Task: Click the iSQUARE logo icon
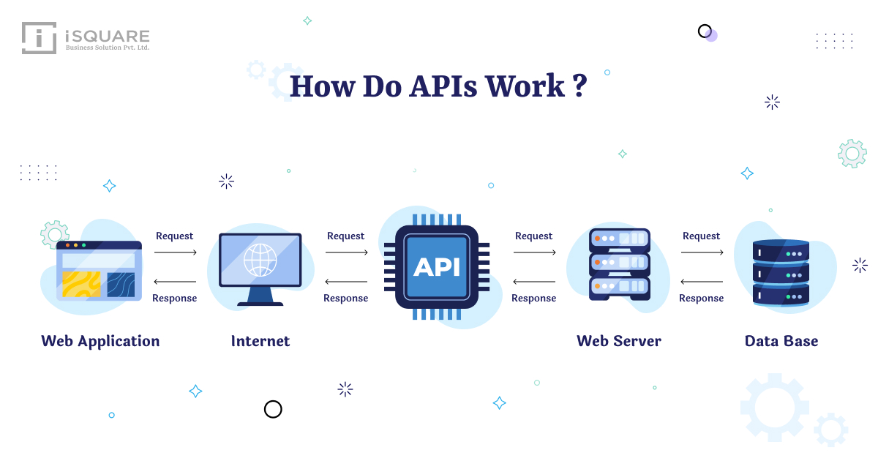coord(39,38)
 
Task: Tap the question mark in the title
coord(579,86)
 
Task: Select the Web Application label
coord(100,341)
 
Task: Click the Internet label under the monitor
coord(260,341)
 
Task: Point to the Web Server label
coord(619,341)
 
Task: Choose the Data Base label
coord(781,341)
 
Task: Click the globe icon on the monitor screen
coord(260,259)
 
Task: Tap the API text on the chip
coord(437,267)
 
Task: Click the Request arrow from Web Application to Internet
coord(175,252)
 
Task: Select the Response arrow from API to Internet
coord(346,282)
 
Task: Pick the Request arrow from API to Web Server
coord(534,252)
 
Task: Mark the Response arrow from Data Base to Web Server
coord(701,282)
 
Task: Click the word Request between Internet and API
coord(346,236)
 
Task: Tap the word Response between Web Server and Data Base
coord(701,298)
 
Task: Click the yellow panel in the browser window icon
coord(81,284)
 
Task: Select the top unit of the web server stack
coord(619,239)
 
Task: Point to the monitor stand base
coord(260,303)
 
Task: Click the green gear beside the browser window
coord(54,234)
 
